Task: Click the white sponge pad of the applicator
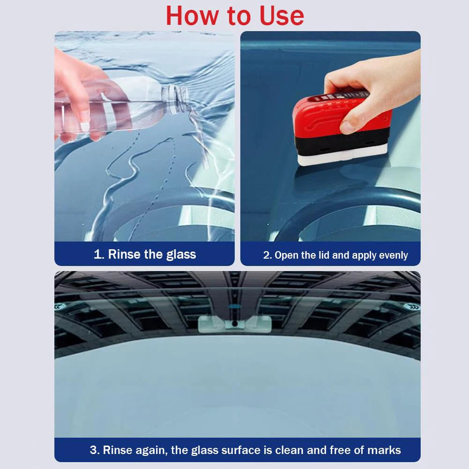pyautogui.click(x=342, y=156)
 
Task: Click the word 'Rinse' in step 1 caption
pyautogui.click(x=124, y=254)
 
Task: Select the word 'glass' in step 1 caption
pyautogui.click(x=181, y=255)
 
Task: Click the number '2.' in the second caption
pyautogui.click(x=268, y=255)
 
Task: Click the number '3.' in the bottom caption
pyautogui.click(x=95, y=450)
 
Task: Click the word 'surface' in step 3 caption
pyautogui.click(x=241, y=450)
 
